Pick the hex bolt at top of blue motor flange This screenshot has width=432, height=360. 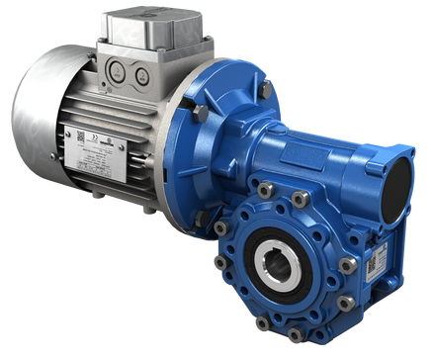pos(266,89)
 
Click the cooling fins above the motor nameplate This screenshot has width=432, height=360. pos(109,109)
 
